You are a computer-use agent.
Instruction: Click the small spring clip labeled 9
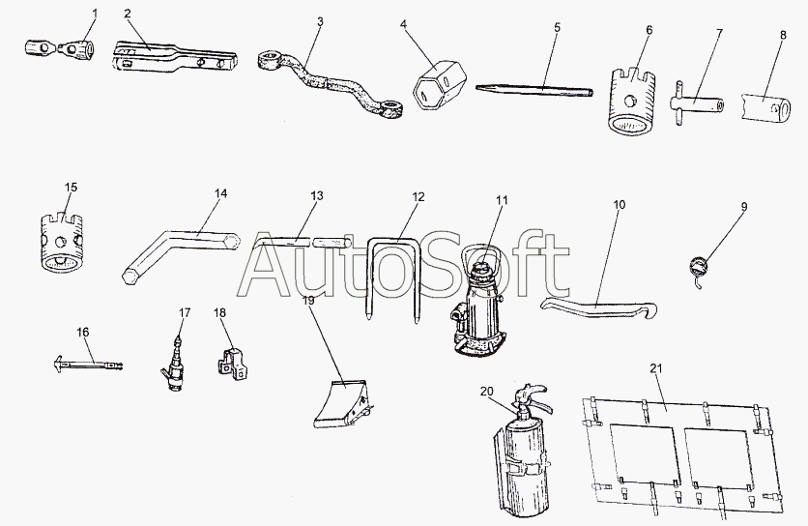coord(698,264)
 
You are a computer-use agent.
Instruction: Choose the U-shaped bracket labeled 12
coord(393,276)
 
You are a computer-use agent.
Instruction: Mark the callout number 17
coord(185,312)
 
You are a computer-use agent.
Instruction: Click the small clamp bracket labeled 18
coord(235,364)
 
